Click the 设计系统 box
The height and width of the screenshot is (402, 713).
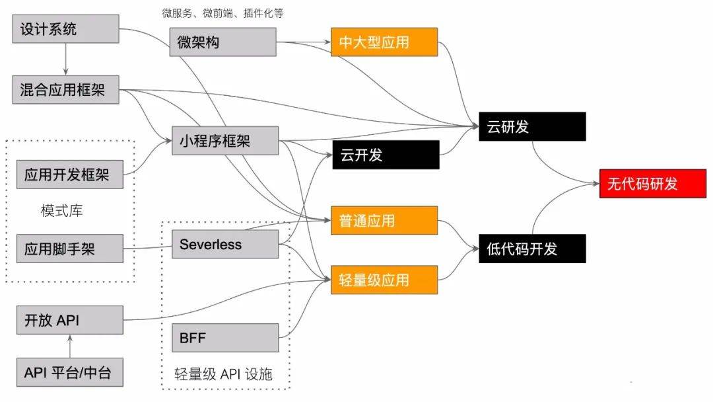pyautogui.click(x=65, y=29)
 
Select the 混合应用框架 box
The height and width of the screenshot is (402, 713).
pyautogui.click(x=65, y=90)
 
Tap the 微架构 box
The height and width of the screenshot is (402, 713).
pyautogui.click(x=223, y=42)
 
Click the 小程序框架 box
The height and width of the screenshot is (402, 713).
pyautogui.click(x=224, y=140)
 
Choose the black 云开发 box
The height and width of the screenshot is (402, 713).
pyautogui.click(x=385, y=155)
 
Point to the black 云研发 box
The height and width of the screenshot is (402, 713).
pyautogui.click(x=532, y=127)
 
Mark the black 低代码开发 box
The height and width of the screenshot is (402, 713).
pyautogui.click(x=532, y=249)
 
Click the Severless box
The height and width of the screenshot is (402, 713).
pyautogui.click(x=224, y=245)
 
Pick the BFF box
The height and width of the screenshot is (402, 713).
pyautogui.click(x=224, y=338)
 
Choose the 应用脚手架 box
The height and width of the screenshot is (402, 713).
pyautogui.click(x=70, y=249)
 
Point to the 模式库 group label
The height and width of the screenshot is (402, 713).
pyautogui.click(x=61, y=212)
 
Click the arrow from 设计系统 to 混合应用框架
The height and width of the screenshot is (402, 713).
pyautogui.click(x=65, y=60)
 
